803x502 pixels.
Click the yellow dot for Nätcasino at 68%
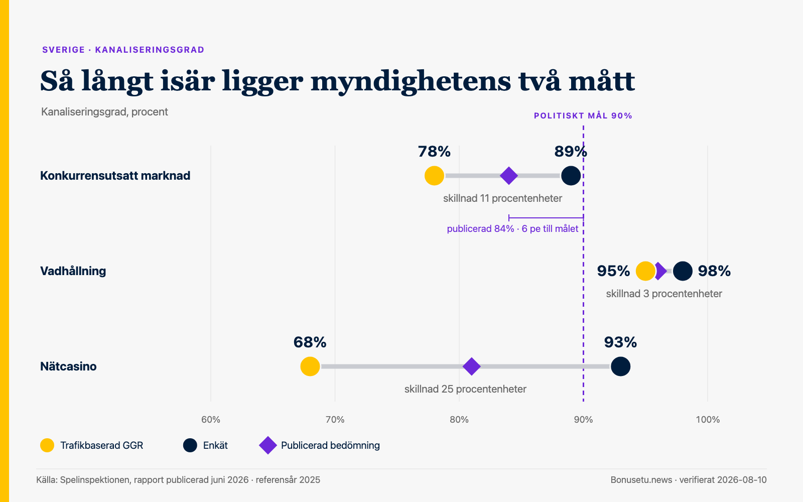click(310, 366)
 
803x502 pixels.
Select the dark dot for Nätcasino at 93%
click(620, 366)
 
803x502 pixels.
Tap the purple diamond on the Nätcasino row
click(471, 366)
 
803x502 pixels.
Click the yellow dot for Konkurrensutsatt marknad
click(434, 176)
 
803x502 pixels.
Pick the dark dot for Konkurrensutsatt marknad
click(571, 176)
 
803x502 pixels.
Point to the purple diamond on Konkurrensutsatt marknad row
click(509, 176)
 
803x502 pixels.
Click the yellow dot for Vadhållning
click(645, 271)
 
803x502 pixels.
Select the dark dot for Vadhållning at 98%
click(683, 271)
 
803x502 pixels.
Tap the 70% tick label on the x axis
click(335, 420)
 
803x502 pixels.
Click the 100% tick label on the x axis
click(708, 420)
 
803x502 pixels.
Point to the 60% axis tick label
click(211, 420)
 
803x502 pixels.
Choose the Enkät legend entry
click(205, 445)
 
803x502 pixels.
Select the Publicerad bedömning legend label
click(330, 445)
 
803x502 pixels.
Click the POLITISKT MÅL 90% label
click(583, 116)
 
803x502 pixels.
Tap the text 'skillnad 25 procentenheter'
click(465, 389)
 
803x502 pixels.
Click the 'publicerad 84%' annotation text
click(480, 229)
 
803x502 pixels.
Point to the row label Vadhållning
click(73, 271)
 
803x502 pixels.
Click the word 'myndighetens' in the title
click(411, 82)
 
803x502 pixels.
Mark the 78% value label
click(434, 152)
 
